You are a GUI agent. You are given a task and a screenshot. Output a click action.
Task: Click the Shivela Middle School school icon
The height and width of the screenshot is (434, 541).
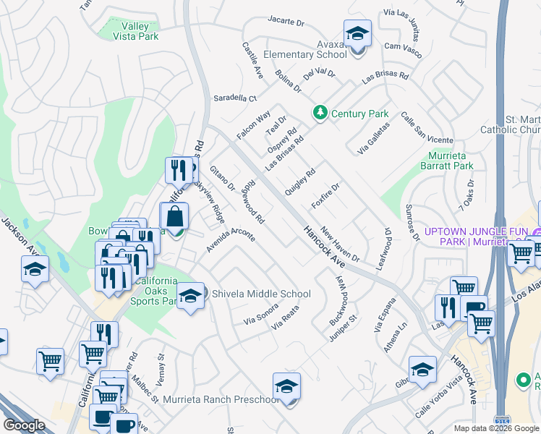[x=190, y=296]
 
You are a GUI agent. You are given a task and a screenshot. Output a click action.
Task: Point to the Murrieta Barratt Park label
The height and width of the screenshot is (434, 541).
[x=447, y=160]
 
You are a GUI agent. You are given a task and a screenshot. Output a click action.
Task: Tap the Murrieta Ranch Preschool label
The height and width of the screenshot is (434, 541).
[x=221, y=399]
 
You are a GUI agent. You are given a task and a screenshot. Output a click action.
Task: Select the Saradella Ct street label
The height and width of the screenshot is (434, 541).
[x=234, y=98]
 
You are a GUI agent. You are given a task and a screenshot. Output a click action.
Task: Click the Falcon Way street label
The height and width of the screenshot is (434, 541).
[x=253, y=124]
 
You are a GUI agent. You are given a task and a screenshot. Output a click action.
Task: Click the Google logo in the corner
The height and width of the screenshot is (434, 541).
[x=24, y=425]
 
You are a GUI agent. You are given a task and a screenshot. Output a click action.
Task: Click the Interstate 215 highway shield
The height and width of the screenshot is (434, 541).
[x=501, y=420]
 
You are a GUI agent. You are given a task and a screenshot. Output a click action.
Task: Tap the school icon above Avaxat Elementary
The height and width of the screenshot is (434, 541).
[x=357, y=35]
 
